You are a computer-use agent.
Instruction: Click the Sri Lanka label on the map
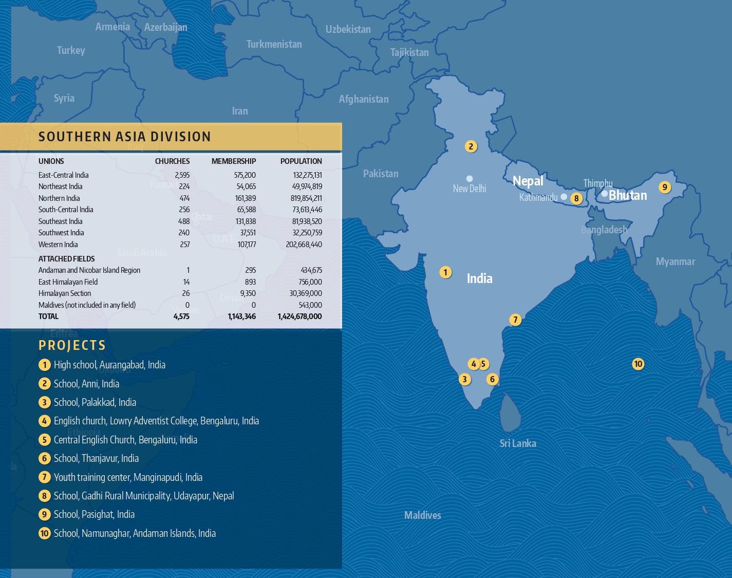(518, 443)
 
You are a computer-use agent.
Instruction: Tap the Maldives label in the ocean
(422, 515)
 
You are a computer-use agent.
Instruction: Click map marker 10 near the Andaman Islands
(638, 364)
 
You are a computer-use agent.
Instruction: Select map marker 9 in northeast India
(665, 187)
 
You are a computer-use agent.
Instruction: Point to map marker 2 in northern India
(471, 146)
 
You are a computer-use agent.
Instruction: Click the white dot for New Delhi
(470, 179)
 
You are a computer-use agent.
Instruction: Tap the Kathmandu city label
(538, 197)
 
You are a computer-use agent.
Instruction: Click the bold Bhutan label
(628, 195)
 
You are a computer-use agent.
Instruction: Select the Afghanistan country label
(364, 99)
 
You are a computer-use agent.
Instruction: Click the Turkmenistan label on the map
(274, 44)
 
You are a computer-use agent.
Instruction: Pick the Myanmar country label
(675, 262)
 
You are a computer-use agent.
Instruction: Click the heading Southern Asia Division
(125, 137)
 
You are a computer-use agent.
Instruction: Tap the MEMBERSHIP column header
(234, 161)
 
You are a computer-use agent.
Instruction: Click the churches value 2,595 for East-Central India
(182, 175)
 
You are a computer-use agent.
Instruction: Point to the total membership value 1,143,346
(241, 316)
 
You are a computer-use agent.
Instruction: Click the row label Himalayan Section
(65, 293)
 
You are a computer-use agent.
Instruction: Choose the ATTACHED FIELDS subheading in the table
(67, 259)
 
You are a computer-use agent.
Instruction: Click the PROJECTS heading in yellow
(72, 345)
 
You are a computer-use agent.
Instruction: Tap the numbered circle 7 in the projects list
(45, 477)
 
